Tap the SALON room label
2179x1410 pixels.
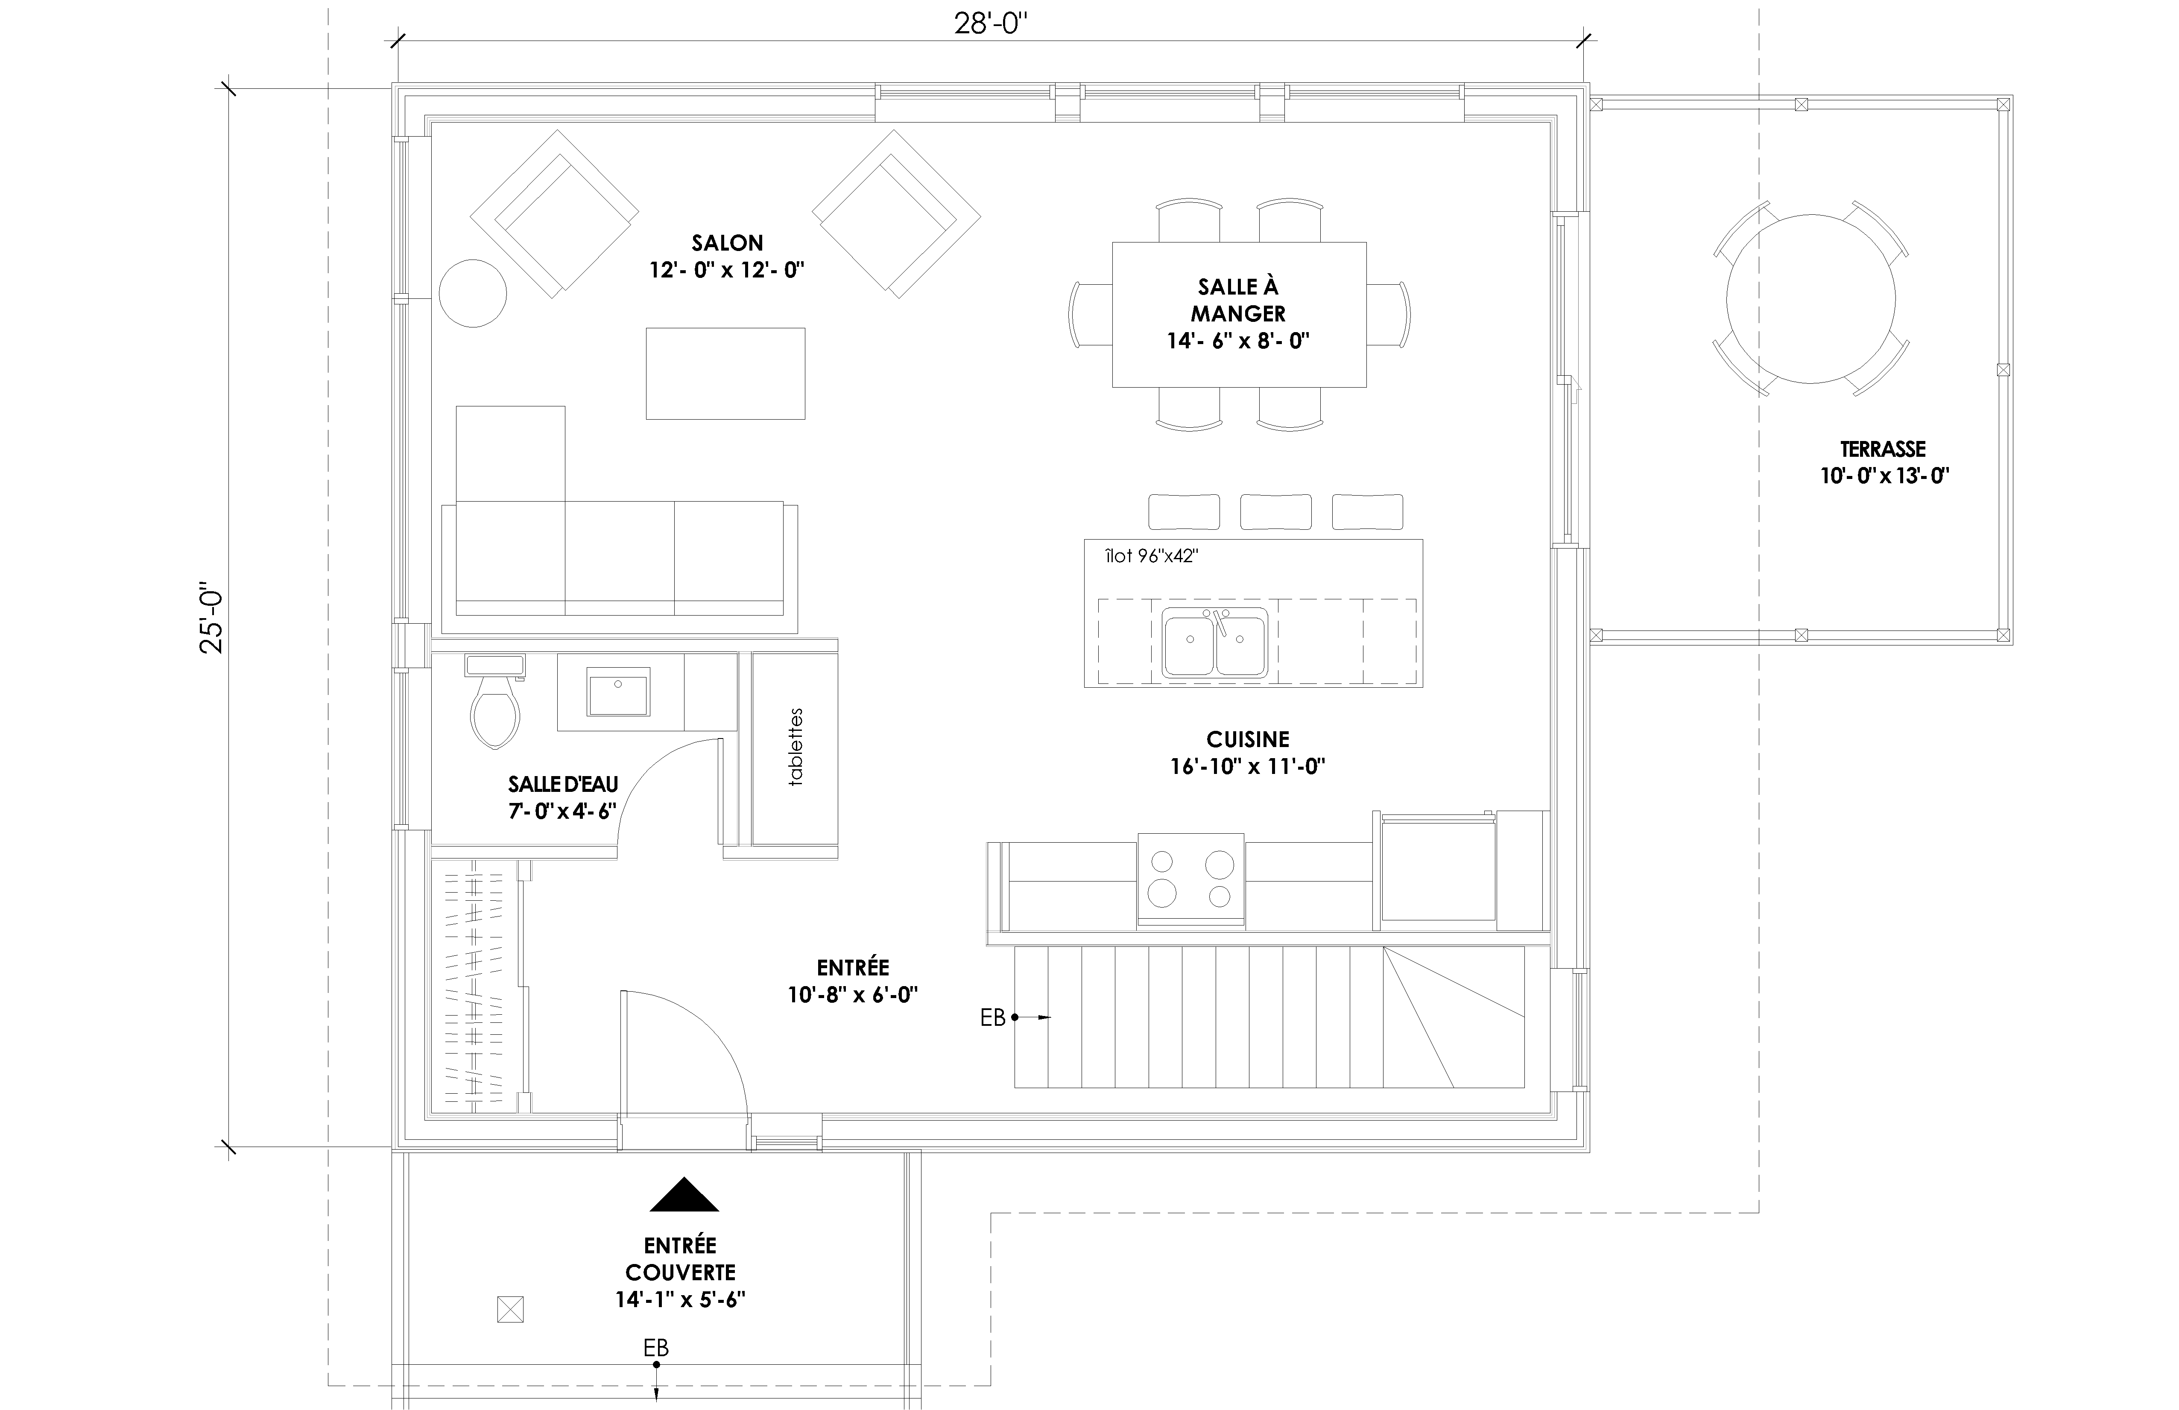tap(727, 242)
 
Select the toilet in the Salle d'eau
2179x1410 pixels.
tap(494, 701)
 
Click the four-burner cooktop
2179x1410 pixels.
tap(1191, 879)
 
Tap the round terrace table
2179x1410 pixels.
tap(1811, 299)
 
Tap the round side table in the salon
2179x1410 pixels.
tap(472, 293)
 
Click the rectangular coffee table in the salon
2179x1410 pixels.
tap(725, 374)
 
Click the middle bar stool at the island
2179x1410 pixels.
tap(1275, 512)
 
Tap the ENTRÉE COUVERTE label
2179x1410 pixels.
tap(680, 1259)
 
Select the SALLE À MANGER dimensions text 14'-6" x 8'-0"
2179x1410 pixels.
tap(1238, 341)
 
